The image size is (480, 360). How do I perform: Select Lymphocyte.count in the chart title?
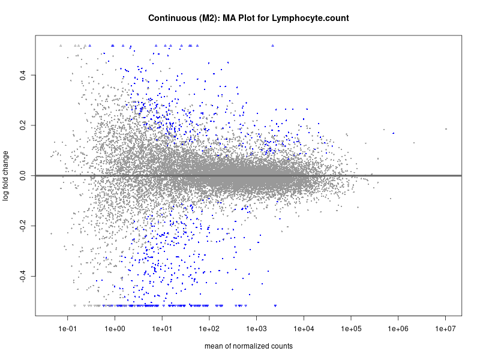(310, 19)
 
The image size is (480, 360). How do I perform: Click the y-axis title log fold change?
(6, 176)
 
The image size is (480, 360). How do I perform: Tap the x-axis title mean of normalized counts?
(248, 346)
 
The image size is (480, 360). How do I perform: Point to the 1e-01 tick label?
(68, 329)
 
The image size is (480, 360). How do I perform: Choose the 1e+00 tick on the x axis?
(115, 329)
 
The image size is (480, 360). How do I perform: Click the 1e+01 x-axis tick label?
(162, 329)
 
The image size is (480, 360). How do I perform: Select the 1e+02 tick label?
(209, 329)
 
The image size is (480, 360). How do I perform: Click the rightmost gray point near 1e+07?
(446, 129)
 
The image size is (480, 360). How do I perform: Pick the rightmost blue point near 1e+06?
(393, 133)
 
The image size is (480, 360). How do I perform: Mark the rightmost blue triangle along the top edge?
(272, 45)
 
